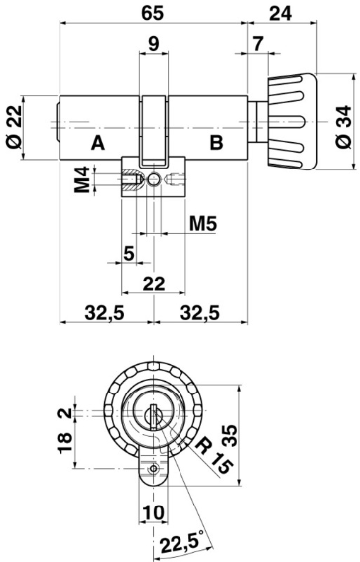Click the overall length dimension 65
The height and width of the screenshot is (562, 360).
click(153, 14)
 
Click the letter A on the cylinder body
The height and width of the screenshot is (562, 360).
click(97, 143)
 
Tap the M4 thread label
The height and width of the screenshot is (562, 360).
click(85, 182)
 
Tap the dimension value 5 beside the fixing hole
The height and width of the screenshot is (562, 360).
click(129, 253)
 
